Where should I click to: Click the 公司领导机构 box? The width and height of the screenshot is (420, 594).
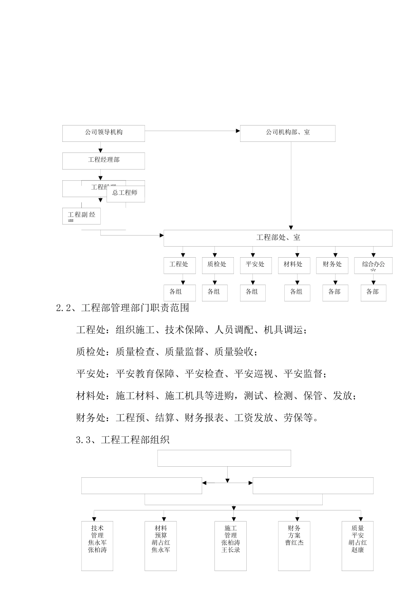pyautogui.click(x=103, y=133)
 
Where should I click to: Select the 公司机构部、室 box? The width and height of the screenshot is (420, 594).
pyautogui.click(x=287, y=133)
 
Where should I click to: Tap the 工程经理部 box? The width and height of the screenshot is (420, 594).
pyautogui.click(x=103, y=160)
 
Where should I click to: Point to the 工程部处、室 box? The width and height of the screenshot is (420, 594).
pyautogui.click(x=278, y=238)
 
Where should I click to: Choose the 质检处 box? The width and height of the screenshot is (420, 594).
pyautogui.click(x=217, y=265)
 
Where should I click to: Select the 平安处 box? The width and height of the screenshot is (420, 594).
pyautogui.click(x=256, y=265)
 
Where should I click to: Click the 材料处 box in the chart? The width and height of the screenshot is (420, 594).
pyautogui.click(x=294, y=265)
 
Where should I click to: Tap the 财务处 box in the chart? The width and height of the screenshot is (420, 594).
pyautogui.click(x=332, y=265)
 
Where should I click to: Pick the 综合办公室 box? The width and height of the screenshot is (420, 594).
pyautogui.click(x=373, y=265)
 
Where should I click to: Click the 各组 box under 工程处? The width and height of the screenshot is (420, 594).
pyautogui.click(x=176, y=292)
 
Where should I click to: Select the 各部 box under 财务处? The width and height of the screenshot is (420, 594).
pyautogui.click(x=335, y=292)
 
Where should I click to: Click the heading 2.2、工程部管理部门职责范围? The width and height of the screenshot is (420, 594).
pyautogui.click(x=123, y=308)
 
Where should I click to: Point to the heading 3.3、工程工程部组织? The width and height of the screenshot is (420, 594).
pyautogui.click(x=123, y=440)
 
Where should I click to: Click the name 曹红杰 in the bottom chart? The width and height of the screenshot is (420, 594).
pyautogui.click(x=294, y=543)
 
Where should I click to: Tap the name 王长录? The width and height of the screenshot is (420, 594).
pyautogui.click(x=231, y=550)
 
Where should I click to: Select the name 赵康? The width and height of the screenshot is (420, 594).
pyautogui.click(x=358, y=550)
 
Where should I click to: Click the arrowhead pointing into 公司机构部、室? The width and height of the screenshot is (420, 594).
pyautogui.click(x=238, y=131)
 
